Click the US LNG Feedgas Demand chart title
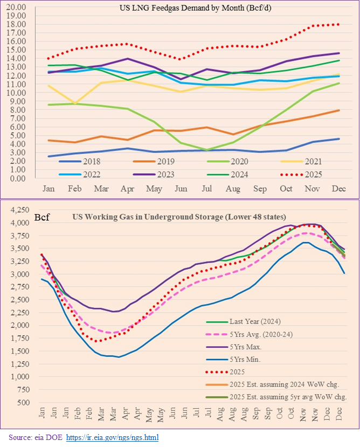[x=184, y=9]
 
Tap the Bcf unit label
[x=43, y=218]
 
